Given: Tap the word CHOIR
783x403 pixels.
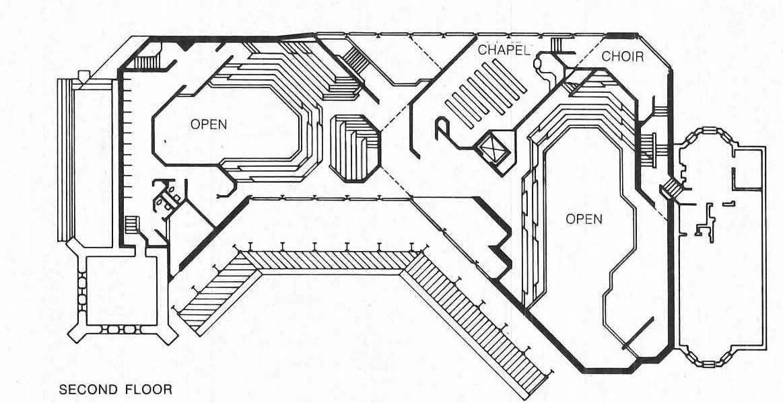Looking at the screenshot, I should click(x=622, y=57).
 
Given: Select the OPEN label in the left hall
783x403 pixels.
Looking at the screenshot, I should click(x=208, y=124).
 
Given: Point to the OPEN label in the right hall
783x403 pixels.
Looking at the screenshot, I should click(x=583, y=219).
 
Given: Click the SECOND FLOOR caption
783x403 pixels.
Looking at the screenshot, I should click(x=116, y=389).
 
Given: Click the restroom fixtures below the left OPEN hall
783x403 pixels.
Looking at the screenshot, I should click(x=165, y=194).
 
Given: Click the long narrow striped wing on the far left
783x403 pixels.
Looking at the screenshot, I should click(x=71, y=161).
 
